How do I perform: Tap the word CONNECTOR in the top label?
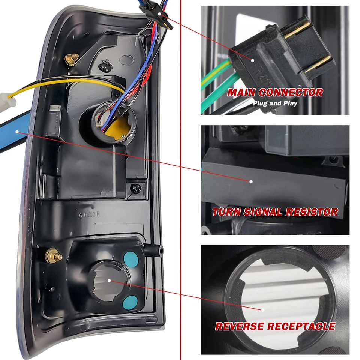(x=290, y=92)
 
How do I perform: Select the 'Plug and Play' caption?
(x=275, y=103)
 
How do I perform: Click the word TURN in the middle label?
(x=226, y=212)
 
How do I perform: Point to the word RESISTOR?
(x=312, y=212)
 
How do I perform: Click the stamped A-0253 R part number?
(x=89, y=215)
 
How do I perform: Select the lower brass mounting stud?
(x=51, y=256)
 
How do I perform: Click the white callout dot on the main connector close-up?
(x=253, y=60)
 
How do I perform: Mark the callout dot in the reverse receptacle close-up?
(x=263, y=310)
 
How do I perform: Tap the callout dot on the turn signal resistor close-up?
(x=251, y=181)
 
